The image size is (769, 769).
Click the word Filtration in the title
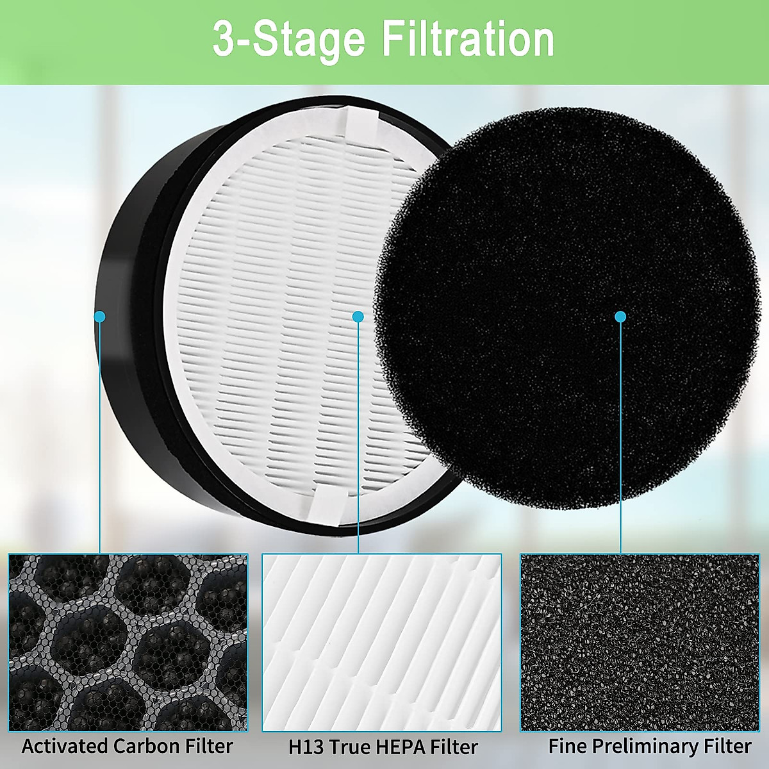tap(468, 40)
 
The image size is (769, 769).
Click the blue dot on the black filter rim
tap(99, 317)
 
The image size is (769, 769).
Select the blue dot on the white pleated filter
tap(358, 317)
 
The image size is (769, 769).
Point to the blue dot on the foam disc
tap(620, 317)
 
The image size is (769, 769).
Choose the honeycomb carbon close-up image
tap(128, 643)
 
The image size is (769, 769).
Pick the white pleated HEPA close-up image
tap(382, 643)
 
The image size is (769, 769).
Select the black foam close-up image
tap(640, 643)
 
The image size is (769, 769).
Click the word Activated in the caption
tap(65, 746)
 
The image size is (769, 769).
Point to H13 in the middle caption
tap(304, 747)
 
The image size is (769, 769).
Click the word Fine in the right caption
tap(567, 746)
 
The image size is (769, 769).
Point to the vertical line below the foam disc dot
tap(620, 449)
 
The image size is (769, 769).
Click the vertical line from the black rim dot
tap(100, 449)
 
